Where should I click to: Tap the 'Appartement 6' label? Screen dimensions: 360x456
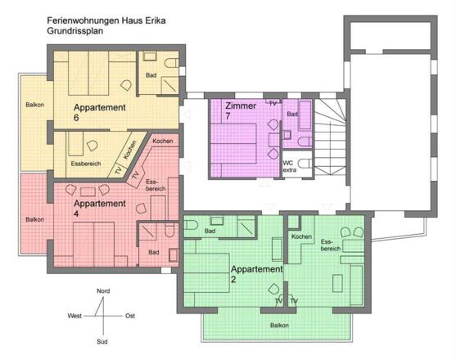[99, 112]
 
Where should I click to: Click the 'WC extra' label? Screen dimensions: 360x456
[288, 166]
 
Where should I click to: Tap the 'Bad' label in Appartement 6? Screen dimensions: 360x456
[151, 75]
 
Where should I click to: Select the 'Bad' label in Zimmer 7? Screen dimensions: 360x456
[291, 115]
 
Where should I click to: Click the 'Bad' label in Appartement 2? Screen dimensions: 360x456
[210, 232]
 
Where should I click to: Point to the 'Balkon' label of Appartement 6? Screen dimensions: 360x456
[34, 104]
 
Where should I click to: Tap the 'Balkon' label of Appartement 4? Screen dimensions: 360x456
[34, 219]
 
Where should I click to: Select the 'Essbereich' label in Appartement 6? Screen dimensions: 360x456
[86, 164]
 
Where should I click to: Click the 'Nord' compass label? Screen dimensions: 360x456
[103, 290]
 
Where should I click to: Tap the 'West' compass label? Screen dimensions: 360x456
[75, 315]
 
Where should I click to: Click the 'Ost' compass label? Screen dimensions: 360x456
[129, 315]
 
